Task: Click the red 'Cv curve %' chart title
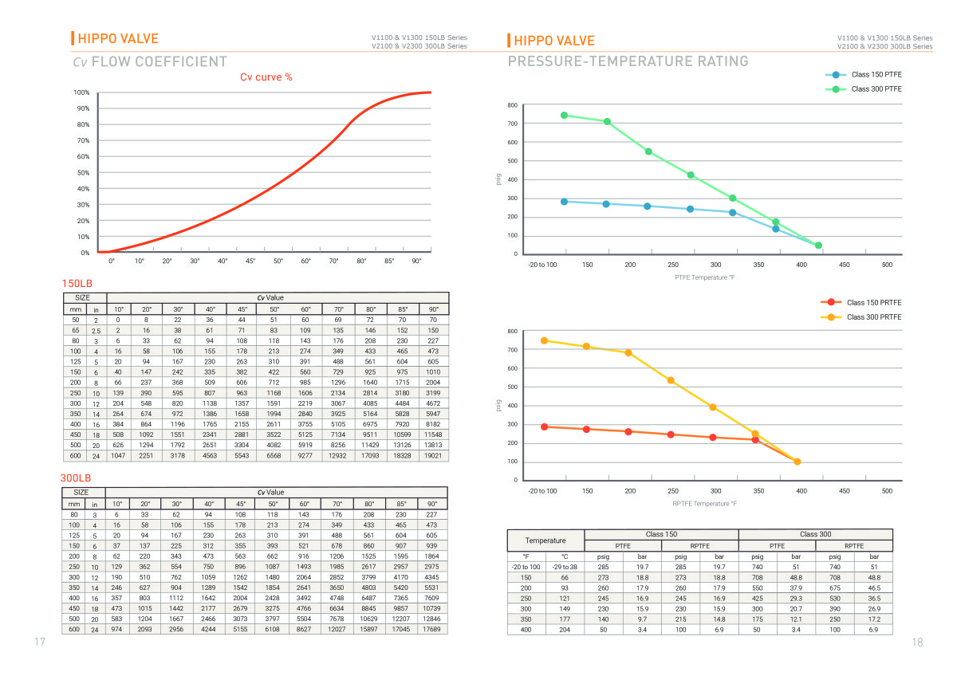click(x=266, y=77)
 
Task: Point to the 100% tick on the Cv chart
click(x=81, y=92)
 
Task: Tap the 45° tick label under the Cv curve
click(x=250, y=261)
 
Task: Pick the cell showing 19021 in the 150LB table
click(x=433, y=456)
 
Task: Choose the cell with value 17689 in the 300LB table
click(x=432, y=629)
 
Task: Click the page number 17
click(x=39, y=643)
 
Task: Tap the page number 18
click(x=917, y=643)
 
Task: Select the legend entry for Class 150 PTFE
click(x=876, y=74)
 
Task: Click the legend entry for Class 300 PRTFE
click(x=874, y=317)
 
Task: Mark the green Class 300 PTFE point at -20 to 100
click(x=564, y=115)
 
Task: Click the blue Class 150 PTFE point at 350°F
click(x=776, y=229)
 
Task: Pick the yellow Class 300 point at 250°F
click(x=671, y=380)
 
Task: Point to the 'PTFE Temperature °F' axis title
click(x=705, y=277)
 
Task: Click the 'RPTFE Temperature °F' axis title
click(x=704, y=504)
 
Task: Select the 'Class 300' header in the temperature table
click(x=815, y=534)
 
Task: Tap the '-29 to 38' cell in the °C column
click(x=564, y=567)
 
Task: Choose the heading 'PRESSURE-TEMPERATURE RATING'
click(x=628, y=61)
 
